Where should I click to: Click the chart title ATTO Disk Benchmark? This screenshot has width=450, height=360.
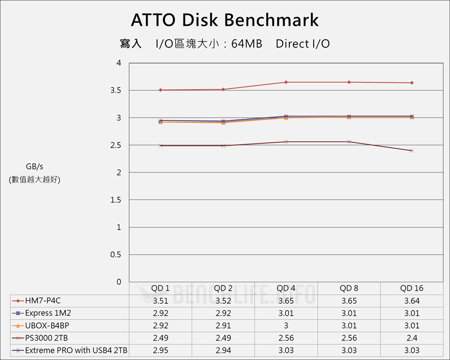pyautogui.click(x=225, y=20)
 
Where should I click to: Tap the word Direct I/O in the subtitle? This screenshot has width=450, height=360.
pyautogui.click(x=302, y=44)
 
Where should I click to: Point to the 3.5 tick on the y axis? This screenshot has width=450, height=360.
pyautogui.click(x=116, y=90)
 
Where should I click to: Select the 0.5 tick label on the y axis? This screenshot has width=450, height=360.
pyautogui.click(x=116, y=255)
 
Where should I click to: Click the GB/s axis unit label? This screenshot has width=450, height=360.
pyautogui.click(x=35, y=166)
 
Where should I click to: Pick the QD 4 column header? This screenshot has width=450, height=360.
pyautogui.click(x=286, y=288)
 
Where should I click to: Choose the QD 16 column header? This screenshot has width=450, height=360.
pyautogui.click(x=412, y=288)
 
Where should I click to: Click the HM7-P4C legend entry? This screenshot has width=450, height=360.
pyautogui.click(x=43, y=301)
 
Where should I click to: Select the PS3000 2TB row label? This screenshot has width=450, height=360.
pyautogui.click(x=46, y=338)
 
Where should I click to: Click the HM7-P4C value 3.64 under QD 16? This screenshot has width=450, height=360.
pyautogui.click(x=412, y=301)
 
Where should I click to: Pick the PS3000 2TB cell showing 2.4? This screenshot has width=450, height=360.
pyautogui.click(x=412, y=338)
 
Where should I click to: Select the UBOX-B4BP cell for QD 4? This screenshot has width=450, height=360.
pyautogui.click(x=286, y=325)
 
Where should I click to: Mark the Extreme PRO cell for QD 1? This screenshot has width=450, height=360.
pyautogui.click(x=161, y=350)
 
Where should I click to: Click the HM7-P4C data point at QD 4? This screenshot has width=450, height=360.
pyautogui.click(x=286, y=82)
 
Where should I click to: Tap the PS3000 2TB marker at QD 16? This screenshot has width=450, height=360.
pyautogui.click(x=412, y=150)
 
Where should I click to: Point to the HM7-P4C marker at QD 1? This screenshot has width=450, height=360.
pyautogui.click(x=161, y=90)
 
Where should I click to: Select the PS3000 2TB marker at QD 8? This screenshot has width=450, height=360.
pyautogui.click(x=349, y=142)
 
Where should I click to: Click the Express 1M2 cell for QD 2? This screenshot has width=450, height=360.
pyautogui.click(x=223, y=313)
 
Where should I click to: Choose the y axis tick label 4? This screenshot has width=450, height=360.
pyautogui.click(x=119, y=63)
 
